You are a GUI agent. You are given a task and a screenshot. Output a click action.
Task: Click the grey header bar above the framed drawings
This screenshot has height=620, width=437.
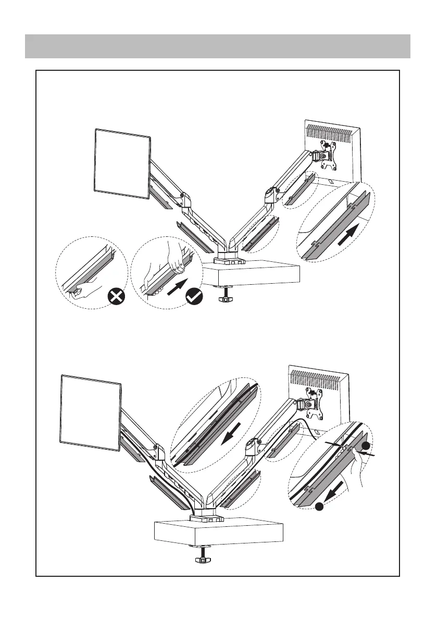(x=218, y=46)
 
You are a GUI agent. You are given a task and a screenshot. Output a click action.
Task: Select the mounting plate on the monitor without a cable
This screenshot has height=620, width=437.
(x=327, y=155)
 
